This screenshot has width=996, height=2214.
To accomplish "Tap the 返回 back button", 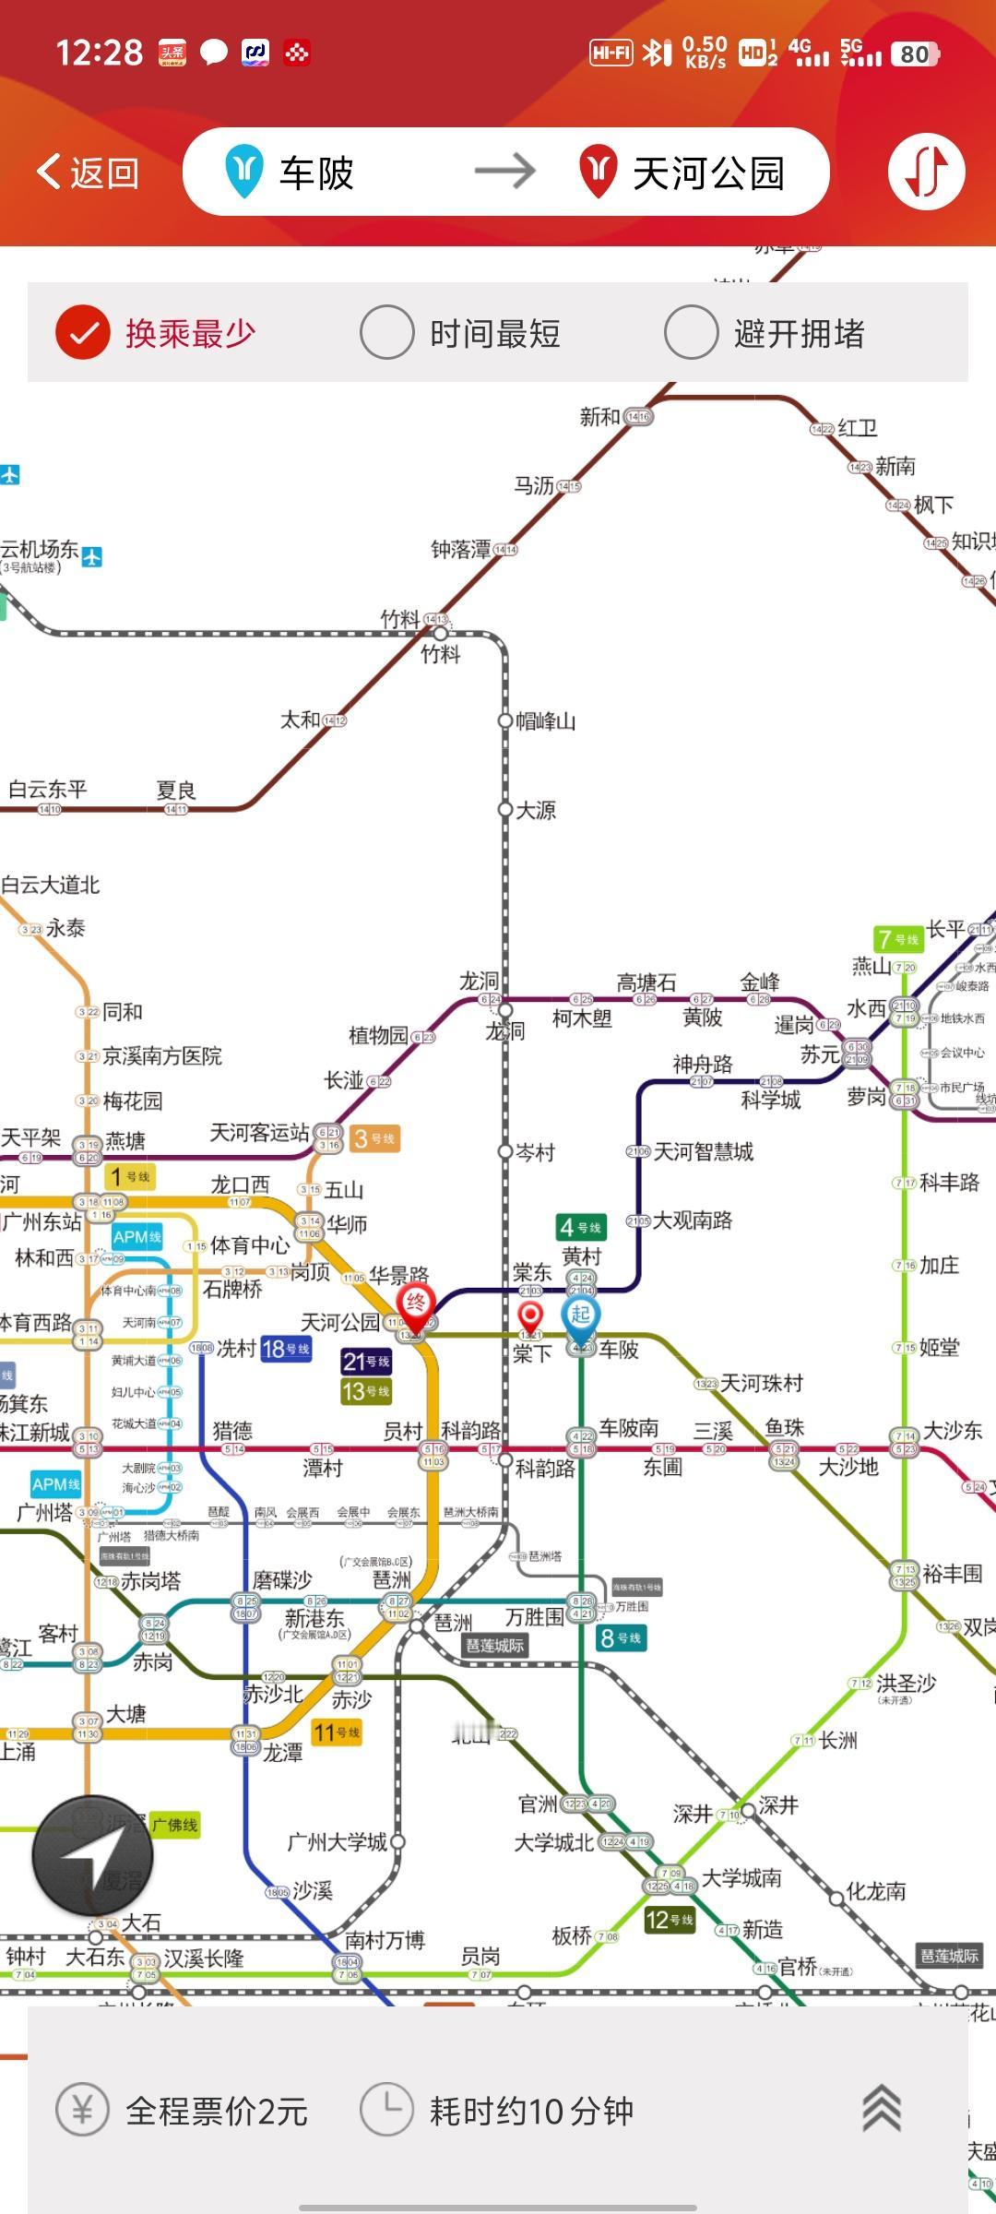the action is pyautogui.click(x=89, y=173).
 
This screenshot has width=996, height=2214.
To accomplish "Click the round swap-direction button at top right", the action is pyautogui.click(x=926, y=172).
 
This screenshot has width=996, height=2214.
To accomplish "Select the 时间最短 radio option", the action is pyautogui.click(x=386, y=332).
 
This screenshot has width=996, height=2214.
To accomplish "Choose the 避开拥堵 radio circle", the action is pyautogui.click(x=691, y=332).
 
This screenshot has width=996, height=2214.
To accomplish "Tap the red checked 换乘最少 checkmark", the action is pyautogui.click(x=83, y=332).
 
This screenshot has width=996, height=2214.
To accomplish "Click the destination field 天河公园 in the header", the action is pyautogui.click(x=706, y=173).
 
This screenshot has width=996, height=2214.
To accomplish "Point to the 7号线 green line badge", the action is pyautogui.click(x=897, y=939).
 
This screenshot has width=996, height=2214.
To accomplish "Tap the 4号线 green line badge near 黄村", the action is pyautogui.click(x=580, y=1227).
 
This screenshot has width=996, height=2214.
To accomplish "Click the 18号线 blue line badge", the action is pyautogui.click(x=286, y=1349).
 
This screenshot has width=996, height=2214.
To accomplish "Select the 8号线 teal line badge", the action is pyautogui.click(x=620, y=1638).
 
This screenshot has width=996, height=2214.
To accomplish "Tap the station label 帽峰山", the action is pyautogui.click(x=545, y=721).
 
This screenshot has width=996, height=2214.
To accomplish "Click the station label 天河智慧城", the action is pyautogui.click(x=703, y=1151).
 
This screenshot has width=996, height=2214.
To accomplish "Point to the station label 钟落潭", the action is pyautogui.click(x=461, y=550).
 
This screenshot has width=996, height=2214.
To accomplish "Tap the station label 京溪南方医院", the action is pyautogui.click(x=162, y=1055).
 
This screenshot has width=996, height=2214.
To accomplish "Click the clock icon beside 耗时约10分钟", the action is pyautogui.click(x=385, y=2109).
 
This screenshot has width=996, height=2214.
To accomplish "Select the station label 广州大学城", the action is pyautogui.click(x=337, y=1842).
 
